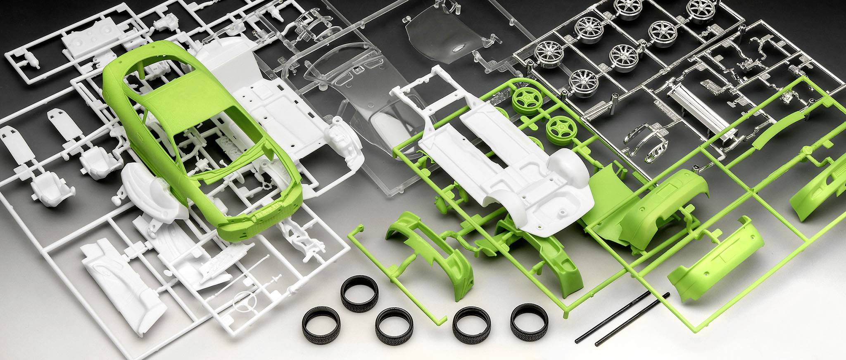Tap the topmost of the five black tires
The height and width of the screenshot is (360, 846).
click(359, 291)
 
